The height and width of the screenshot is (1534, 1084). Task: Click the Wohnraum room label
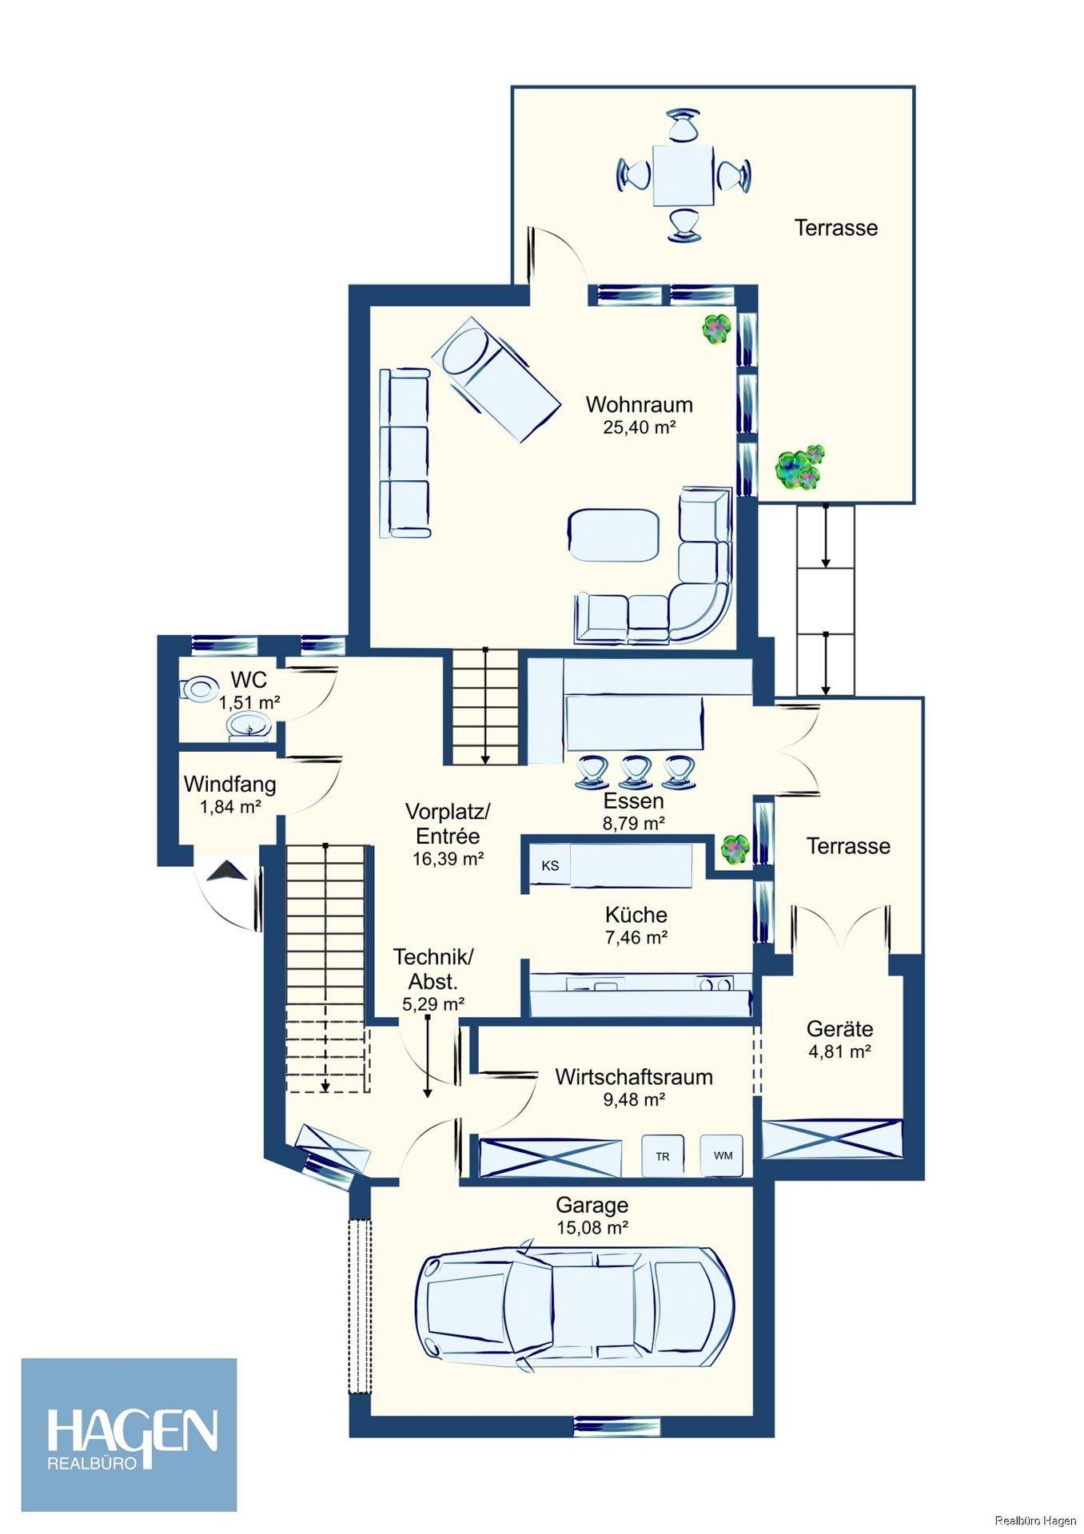tap(639, 404)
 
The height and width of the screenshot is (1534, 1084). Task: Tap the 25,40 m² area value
tap(639, 427)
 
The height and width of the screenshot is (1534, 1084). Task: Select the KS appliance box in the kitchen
tap(550, 866)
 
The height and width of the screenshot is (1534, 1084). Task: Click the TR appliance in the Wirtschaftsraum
tap(663, 1155)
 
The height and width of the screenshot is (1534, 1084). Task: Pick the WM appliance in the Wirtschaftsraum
tap(723, 1155)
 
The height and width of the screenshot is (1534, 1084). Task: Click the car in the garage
tap(576, 1308)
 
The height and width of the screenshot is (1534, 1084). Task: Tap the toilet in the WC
tap(199, 689)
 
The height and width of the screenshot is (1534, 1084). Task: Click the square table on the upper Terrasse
tap(683, 175)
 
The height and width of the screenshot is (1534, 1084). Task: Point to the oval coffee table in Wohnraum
tap(614, 535)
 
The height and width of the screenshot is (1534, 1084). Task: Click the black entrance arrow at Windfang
tap(226, 871)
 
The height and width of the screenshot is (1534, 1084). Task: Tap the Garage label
tap(592, 1205)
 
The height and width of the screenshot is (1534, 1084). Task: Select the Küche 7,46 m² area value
tap(636, 938)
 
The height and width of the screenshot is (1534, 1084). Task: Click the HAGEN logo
tap(130, 1434)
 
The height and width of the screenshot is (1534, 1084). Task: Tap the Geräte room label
tap(839, 1029)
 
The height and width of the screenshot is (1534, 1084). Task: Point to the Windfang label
tap(229, 784)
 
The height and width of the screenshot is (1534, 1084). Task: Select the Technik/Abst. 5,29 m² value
tap(432, 1004)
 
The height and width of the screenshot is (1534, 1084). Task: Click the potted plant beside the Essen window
tap(735, 848)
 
